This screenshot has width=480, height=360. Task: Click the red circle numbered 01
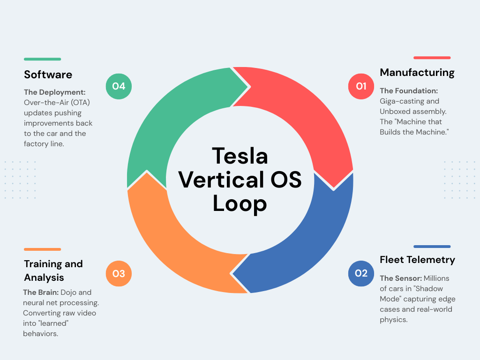tap(361, 86)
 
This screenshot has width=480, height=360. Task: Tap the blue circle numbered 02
tap(361, 273)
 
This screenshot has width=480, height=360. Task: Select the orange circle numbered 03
tap(119, 273)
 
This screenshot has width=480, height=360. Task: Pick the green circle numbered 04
tap(119, 86)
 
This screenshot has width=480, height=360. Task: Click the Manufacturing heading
tap(417, 73)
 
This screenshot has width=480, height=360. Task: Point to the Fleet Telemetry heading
tap(417, 260)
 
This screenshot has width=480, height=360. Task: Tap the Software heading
tap(48, 75)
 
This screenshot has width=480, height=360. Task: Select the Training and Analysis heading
tap(53, 270)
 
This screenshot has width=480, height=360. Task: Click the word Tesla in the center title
tap(240, 156)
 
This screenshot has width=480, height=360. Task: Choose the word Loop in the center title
tap(240, 203)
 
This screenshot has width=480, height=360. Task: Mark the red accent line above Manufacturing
tap(432, 58)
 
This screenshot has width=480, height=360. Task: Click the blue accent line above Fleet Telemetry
tap(432, 247)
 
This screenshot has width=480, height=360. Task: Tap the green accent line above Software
tap(42, 59)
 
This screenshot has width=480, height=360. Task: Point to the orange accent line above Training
tap(42, 249)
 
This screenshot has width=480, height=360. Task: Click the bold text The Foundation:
tap(409, 90)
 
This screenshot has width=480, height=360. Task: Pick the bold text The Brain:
tap(41, 292)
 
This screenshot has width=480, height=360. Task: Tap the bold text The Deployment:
tap(55, 92)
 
